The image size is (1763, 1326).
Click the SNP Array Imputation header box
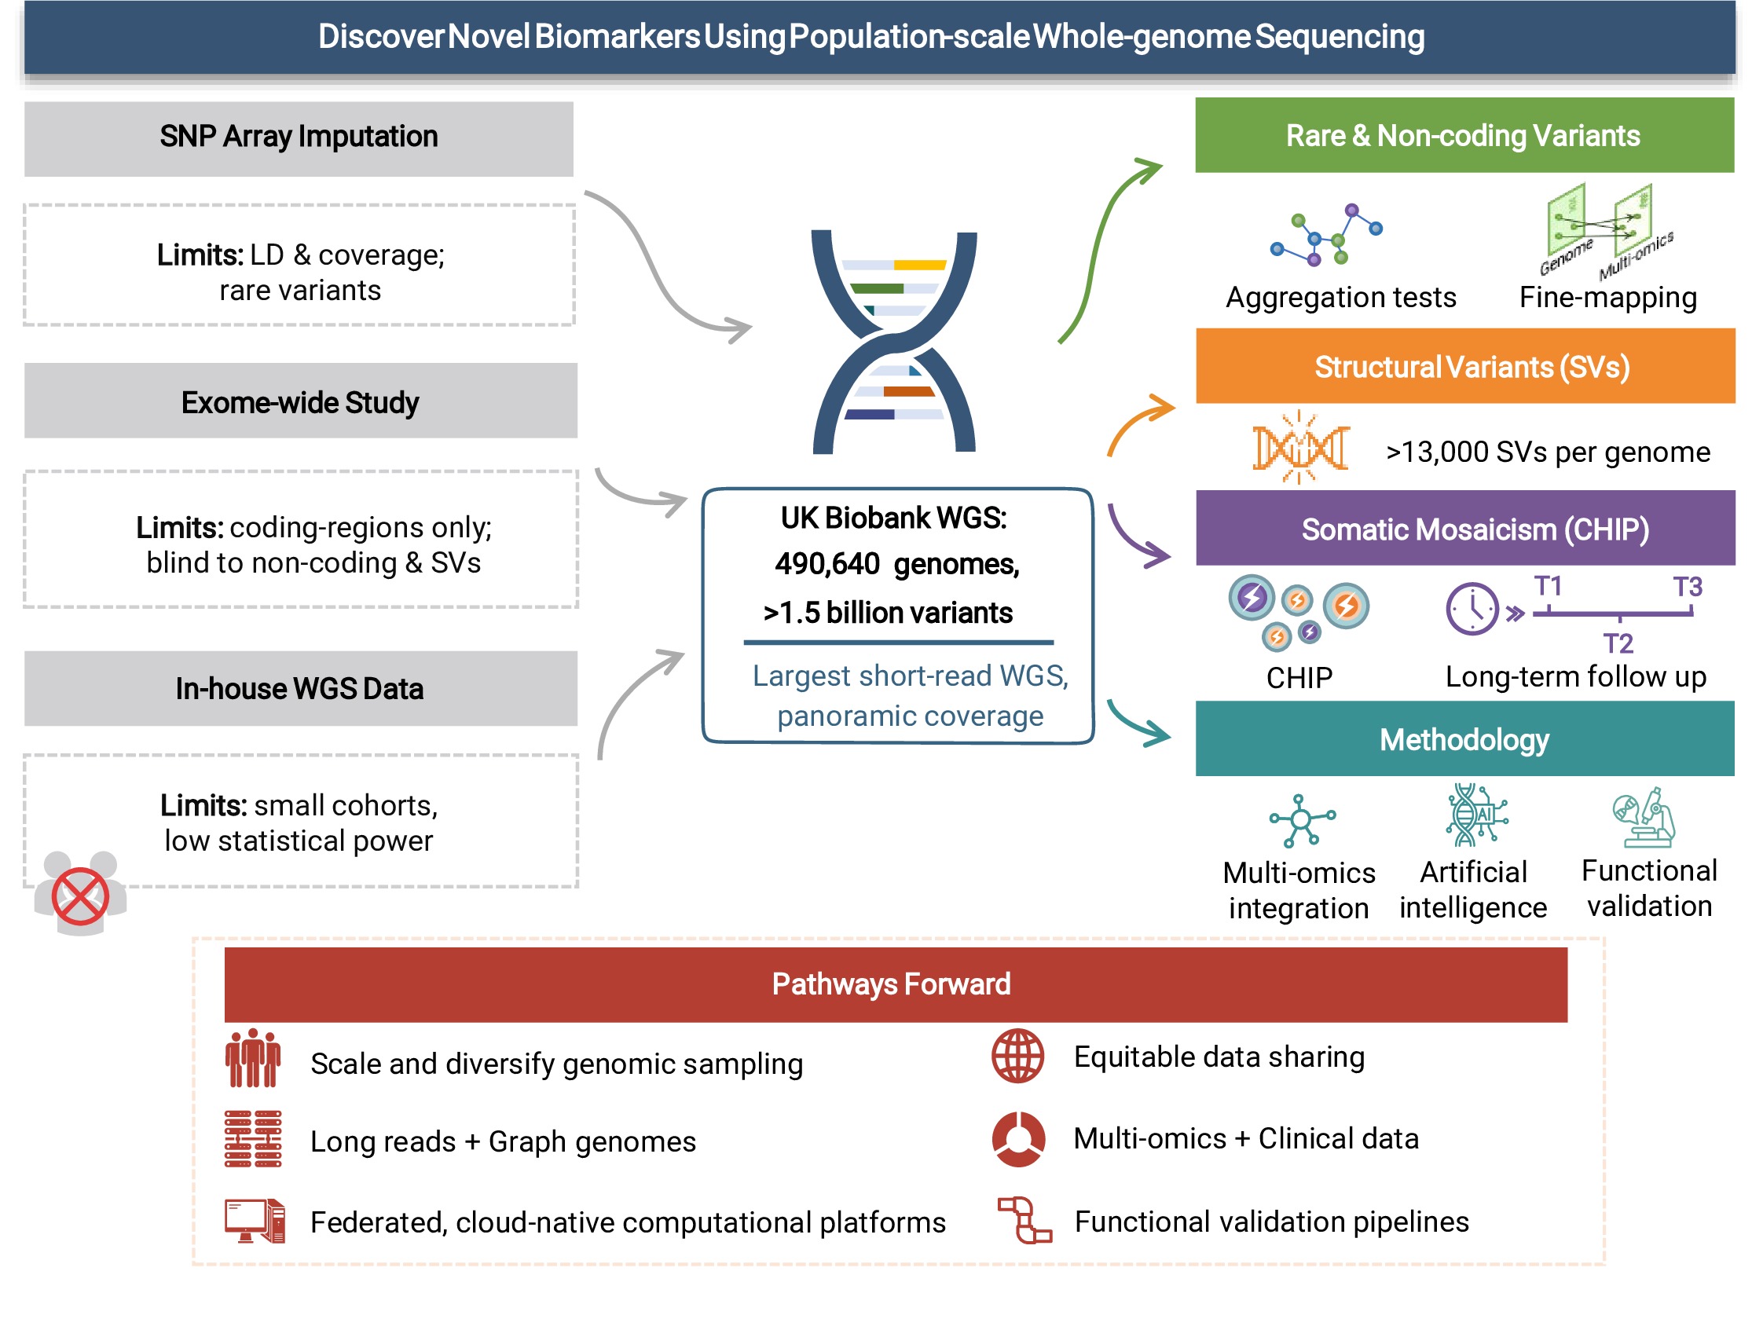click(x=298, y=137)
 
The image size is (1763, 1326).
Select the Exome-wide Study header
click(x=299, y=401)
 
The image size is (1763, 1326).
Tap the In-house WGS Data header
click(x=299, y=688)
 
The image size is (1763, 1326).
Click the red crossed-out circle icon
click(x=79, y=896)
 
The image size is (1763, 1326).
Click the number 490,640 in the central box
click(x=827, y=564)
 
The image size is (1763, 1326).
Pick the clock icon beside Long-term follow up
click(x=1472, y=609)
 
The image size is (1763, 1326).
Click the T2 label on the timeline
click(x=1617, y=643)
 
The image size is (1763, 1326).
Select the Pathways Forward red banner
click(x=894, y=984)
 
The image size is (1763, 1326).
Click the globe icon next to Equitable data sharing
click(x=1017, y=1056)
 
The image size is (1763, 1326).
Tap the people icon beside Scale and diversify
click(x=253, y=1058)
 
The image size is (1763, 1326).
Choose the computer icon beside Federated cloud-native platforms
click(x=255, y=1220)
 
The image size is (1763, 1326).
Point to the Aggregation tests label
click(x=1340, y=297)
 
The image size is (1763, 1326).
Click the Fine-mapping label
click(x=1607, y=297)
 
